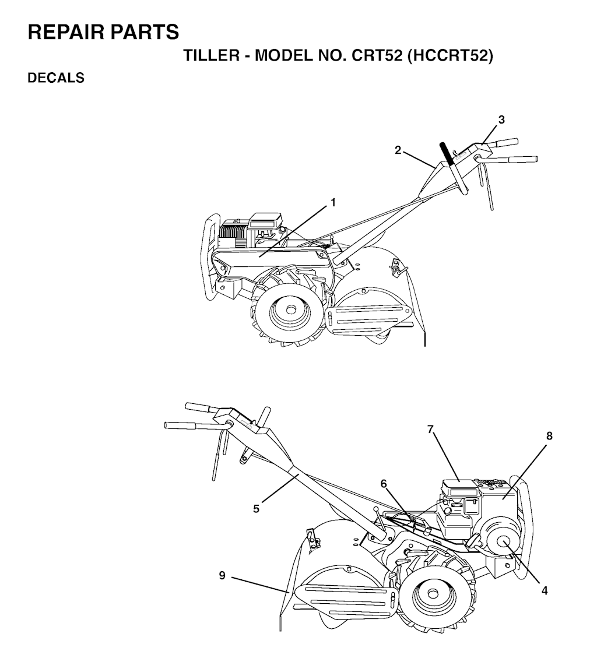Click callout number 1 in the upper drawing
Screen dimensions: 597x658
333,203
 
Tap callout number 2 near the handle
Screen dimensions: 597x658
398,150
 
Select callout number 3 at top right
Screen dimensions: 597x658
501,119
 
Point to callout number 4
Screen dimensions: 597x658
545,590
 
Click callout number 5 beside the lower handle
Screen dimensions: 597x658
256,509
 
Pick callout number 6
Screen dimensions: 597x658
384,484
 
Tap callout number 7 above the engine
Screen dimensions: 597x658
430,430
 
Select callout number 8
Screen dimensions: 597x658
549,436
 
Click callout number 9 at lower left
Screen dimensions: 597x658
222,575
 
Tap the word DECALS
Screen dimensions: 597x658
56,78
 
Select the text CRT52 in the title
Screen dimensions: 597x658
377,55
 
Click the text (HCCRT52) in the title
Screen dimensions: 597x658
450,55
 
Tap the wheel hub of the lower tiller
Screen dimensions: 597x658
432,593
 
